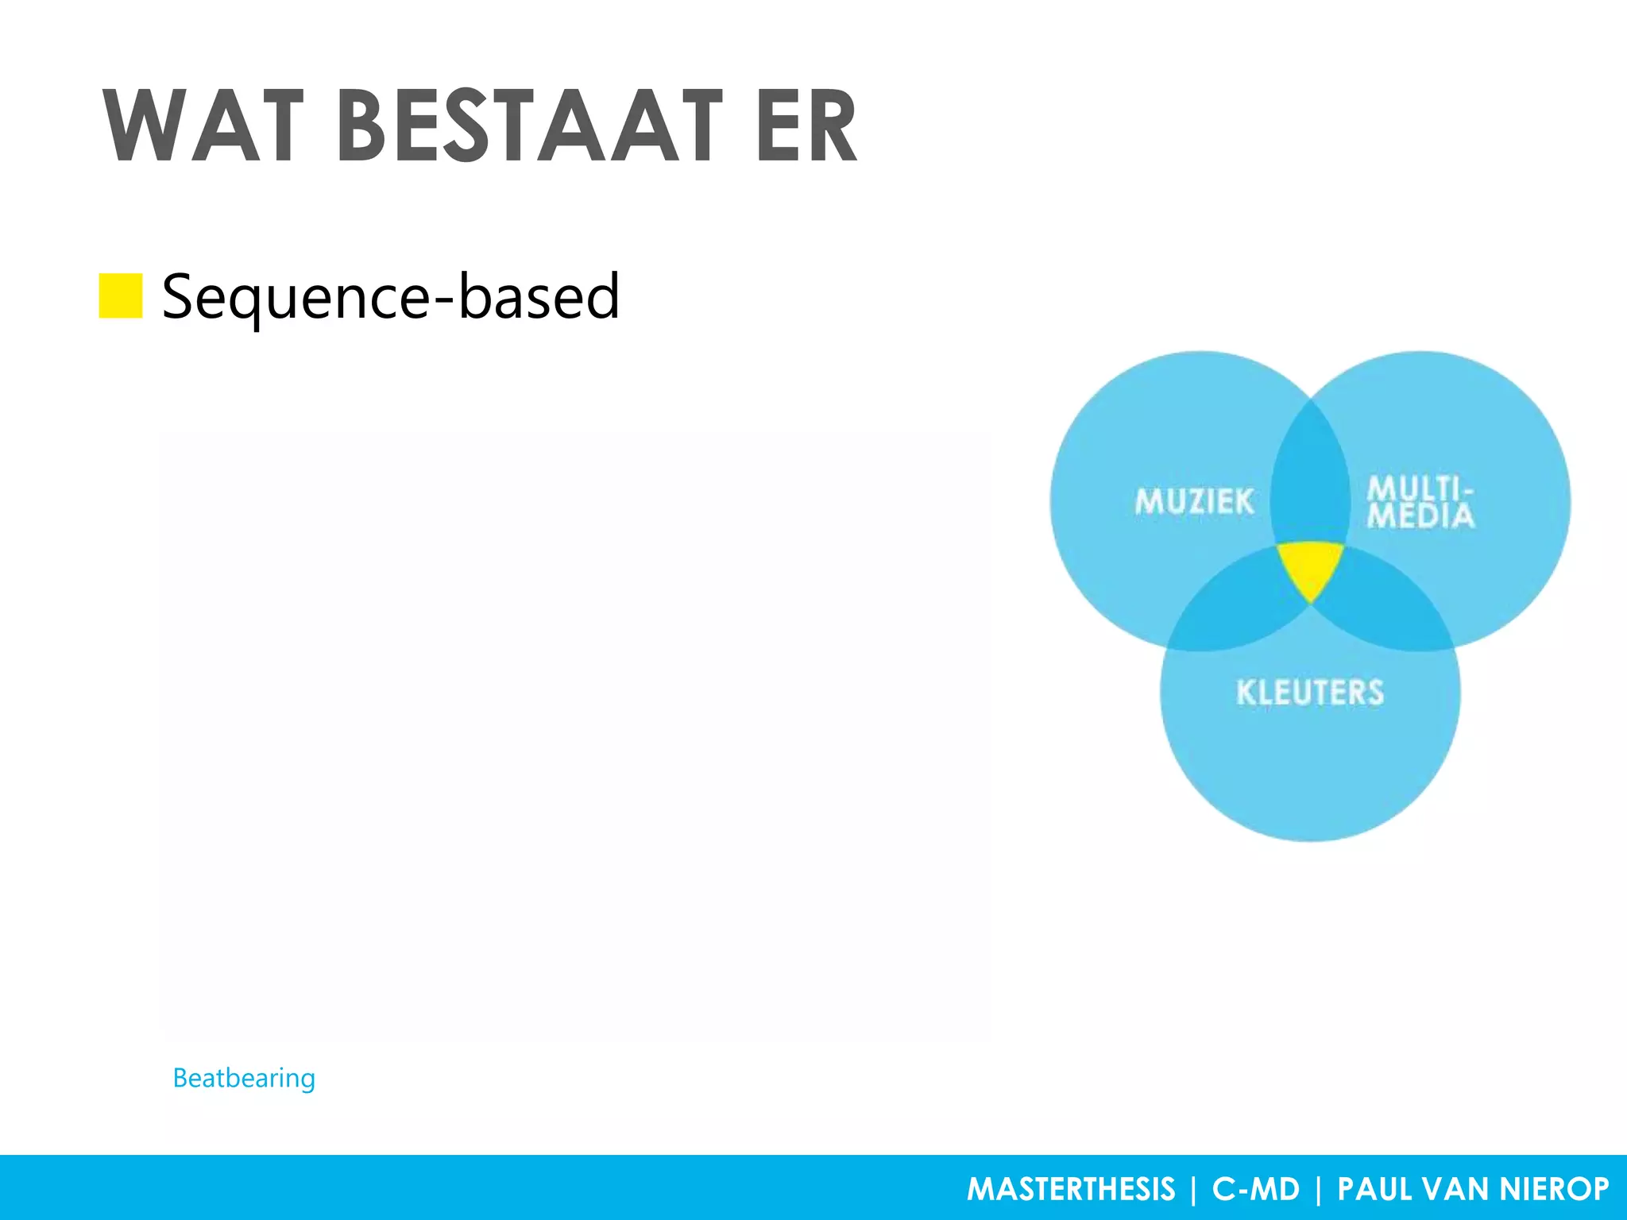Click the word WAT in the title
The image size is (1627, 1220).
[203, 127]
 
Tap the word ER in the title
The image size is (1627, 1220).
[807, 127]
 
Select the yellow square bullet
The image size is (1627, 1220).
[121, 295]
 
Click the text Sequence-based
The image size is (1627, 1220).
[390, 296]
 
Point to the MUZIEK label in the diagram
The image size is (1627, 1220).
[1194, 502]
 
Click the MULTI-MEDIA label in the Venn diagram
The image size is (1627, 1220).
[1420, 502]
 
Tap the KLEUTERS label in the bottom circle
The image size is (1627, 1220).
[1310, 693]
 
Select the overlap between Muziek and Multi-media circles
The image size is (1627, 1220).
[1310, 477]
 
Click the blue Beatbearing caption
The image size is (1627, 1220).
[244, 1078]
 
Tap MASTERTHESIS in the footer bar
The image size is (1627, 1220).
[1070, 1189]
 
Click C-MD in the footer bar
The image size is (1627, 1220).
[1255, 1189]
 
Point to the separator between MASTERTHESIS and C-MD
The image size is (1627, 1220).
[1193, 1189]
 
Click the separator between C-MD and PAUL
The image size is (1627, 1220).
[1319, 1189]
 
